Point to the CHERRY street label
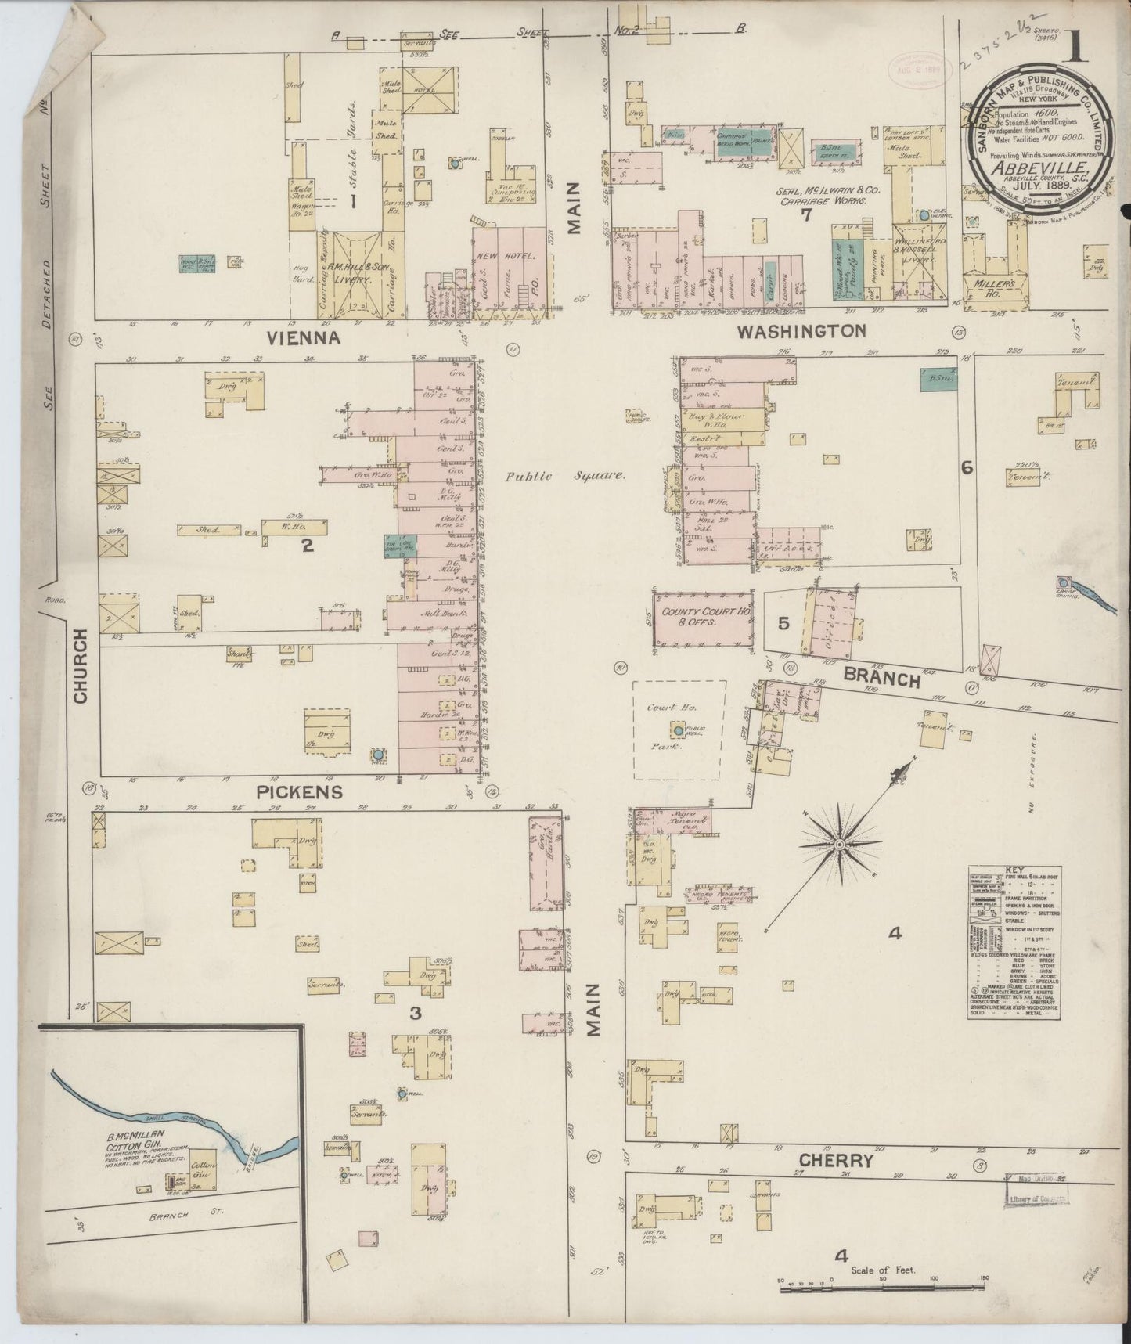(835, 1160)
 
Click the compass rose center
(839, 845)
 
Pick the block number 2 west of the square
(308, 546)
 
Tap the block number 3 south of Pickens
(415, 1013)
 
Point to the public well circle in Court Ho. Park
(675, 730)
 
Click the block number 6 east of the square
(967, 467)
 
